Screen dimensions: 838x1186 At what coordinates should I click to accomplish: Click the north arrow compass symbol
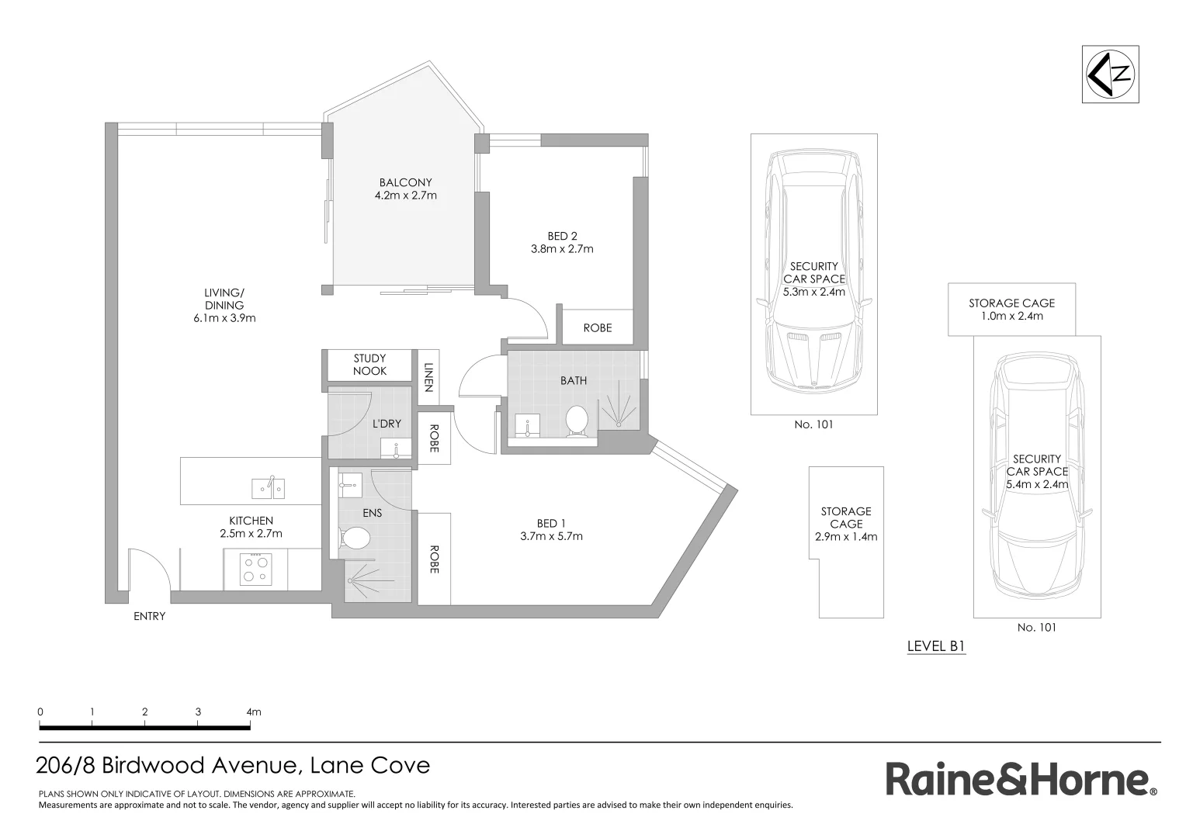click(x=1111, y=74)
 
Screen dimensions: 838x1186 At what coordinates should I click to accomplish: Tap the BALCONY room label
click(x=405, y=182)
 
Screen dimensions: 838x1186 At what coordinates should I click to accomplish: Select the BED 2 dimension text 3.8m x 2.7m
click(x=562, y=249)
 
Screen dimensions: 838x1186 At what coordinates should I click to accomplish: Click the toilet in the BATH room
click(x=577, y=421)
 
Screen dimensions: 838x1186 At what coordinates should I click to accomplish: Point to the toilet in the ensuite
click(x=356, y=538)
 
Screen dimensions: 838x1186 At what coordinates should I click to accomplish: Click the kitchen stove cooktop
click(x=255, y=567)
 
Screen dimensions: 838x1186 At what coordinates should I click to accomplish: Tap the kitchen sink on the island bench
click(x=268, y=488)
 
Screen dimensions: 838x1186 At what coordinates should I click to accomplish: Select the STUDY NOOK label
click(x=369, y=365)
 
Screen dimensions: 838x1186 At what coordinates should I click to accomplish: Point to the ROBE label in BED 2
click(x=597, y=328)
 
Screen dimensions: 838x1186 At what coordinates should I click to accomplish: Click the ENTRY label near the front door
click(x=149, y=616)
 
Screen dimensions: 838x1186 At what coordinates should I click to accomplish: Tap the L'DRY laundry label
click(x=387, y=424)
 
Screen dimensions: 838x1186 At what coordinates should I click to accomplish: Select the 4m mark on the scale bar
click(x=253, y=712)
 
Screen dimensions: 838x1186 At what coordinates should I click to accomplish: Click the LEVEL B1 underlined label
click(x=935, y=646)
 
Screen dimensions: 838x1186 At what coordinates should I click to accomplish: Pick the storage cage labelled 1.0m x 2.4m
click(x=1011, y=310)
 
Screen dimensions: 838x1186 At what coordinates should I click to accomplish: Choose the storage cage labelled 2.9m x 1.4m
click(x=846, y=524)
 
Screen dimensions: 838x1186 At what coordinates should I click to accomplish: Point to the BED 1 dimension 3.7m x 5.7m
click(x=551, y=536)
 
